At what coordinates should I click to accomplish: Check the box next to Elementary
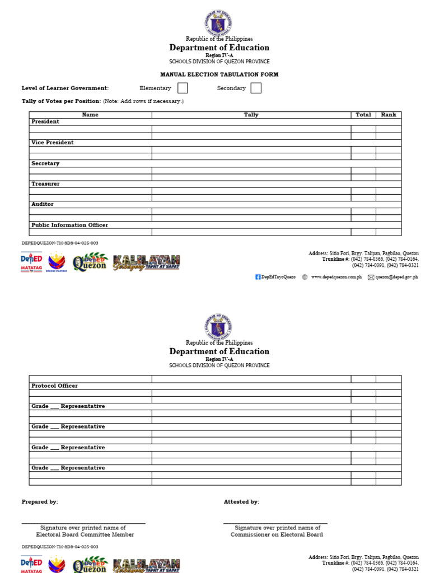(183, 88)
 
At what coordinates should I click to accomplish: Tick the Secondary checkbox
(256, 88)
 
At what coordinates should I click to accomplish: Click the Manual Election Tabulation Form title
(219, 74)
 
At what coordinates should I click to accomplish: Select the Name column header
(90, 115)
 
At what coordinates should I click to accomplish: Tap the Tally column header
(251, 115)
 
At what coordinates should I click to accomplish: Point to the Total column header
(363, 115)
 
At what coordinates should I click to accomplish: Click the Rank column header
(389, 115)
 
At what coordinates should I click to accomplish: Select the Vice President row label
(53, 143)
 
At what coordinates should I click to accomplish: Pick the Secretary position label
(45, 163)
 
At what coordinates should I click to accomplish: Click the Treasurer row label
(45, 184)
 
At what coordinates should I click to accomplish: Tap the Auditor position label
(43, 205)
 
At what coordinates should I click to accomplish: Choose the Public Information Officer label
(69, 225)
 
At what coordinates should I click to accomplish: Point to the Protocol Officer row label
(54, 386)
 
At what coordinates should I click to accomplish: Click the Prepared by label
(40, 502)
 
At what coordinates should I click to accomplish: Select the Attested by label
(241, 502)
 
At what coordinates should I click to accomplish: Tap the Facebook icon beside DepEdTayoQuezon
(258, 277)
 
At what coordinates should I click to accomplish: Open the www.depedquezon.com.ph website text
(336, 277)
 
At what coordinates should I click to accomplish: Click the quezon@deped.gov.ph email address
(396, 277)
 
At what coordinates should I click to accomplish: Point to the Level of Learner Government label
(65, 88)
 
